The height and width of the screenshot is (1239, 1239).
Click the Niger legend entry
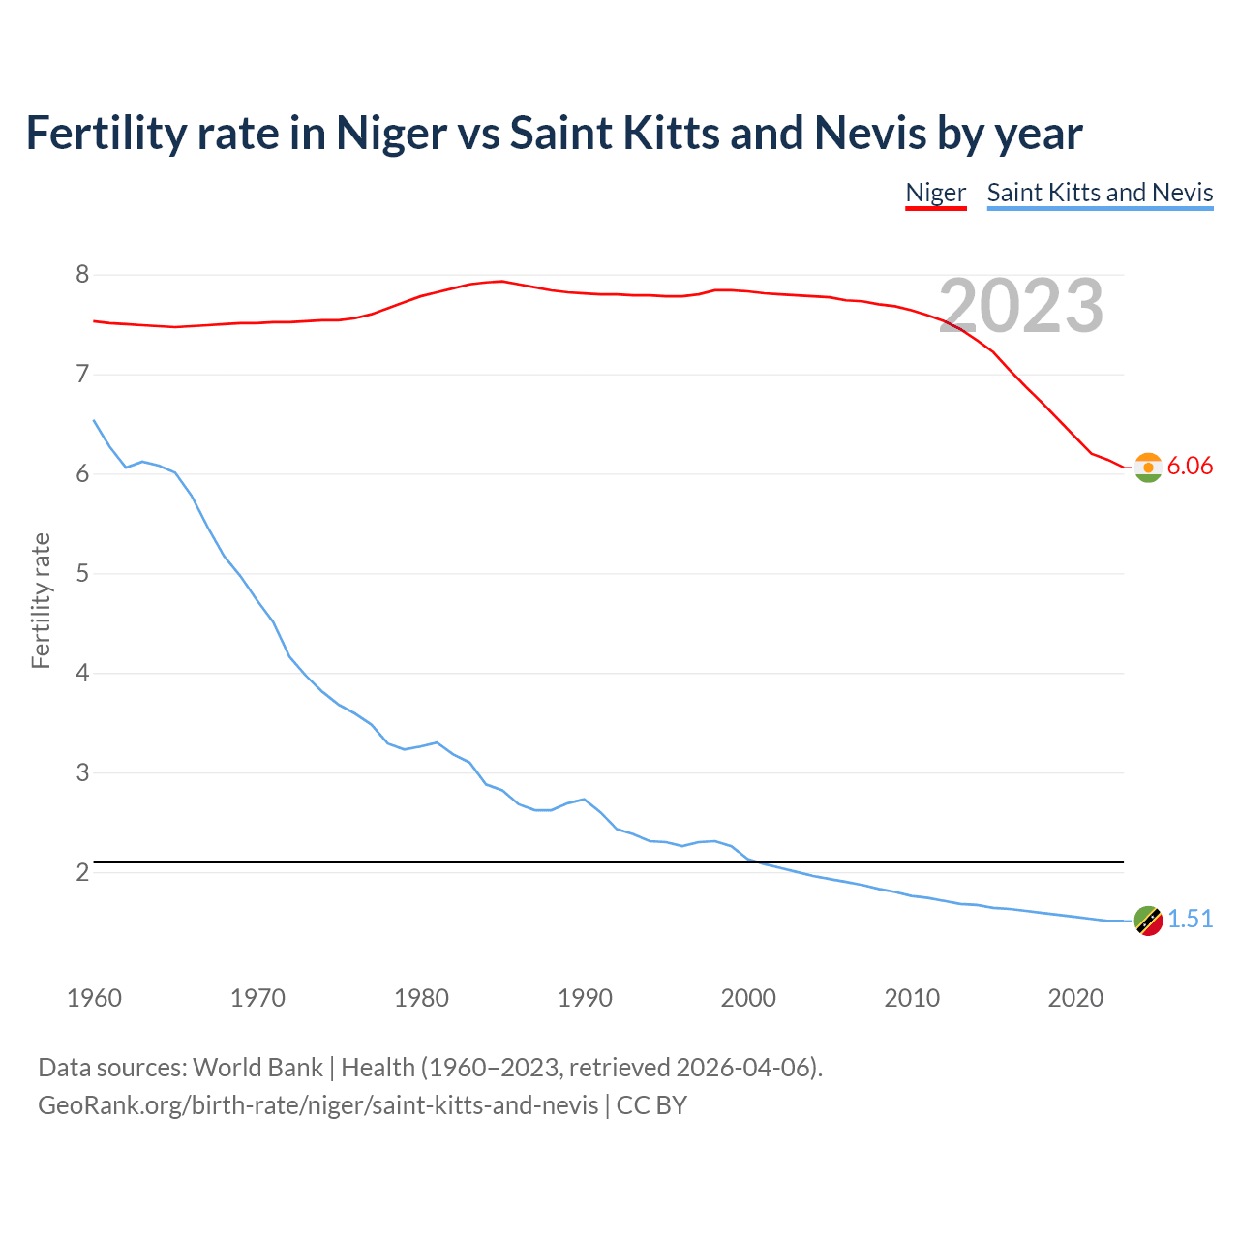pos(935,193)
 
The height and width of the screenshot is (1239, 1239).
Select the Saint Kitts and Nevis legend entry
pos(1100,193)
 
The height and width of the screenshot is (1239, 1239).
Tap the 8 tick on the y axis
pos(82,275)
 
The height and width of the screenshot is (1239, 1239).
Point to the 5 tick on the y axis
pos(82,574)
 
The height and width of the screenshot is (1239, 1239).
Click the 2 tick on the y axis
pos(82,872)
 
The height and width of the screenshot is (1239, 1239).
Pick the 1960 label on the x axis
pos(94,998)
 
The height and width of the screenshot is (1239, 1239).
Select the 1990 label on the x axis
pos(585,998)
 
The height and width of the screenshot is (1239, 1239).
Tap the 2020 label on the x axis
pos(1075,998)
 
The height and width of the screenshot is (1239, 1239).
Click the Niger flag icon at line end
pos(1148,468)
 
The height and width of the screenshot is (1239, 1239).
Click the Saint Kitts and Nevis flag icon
pos(1148,921)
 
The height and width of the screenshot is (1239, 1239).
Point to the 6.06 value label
pos(1190,467)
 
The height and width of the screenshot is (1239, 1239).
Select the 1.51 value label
pos(1190,920)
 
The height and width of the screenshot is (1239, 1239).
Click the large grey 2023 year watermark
pos(1021,306)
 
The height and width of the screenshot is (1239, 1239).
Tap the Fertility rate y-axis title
pos(41,600)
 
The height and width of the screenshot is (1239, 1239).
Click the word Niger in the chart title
pos(391,134)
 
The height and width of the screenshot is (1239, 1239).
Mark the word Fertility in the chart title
pos(106,134)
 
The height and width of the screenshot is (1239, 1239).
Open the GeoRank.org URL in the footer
pos(317,1105)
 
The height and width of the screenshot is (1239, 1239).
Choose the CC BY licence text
pos(651,1105)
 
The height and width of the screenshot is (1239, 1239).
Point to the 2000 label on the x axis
pos(748,998)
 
